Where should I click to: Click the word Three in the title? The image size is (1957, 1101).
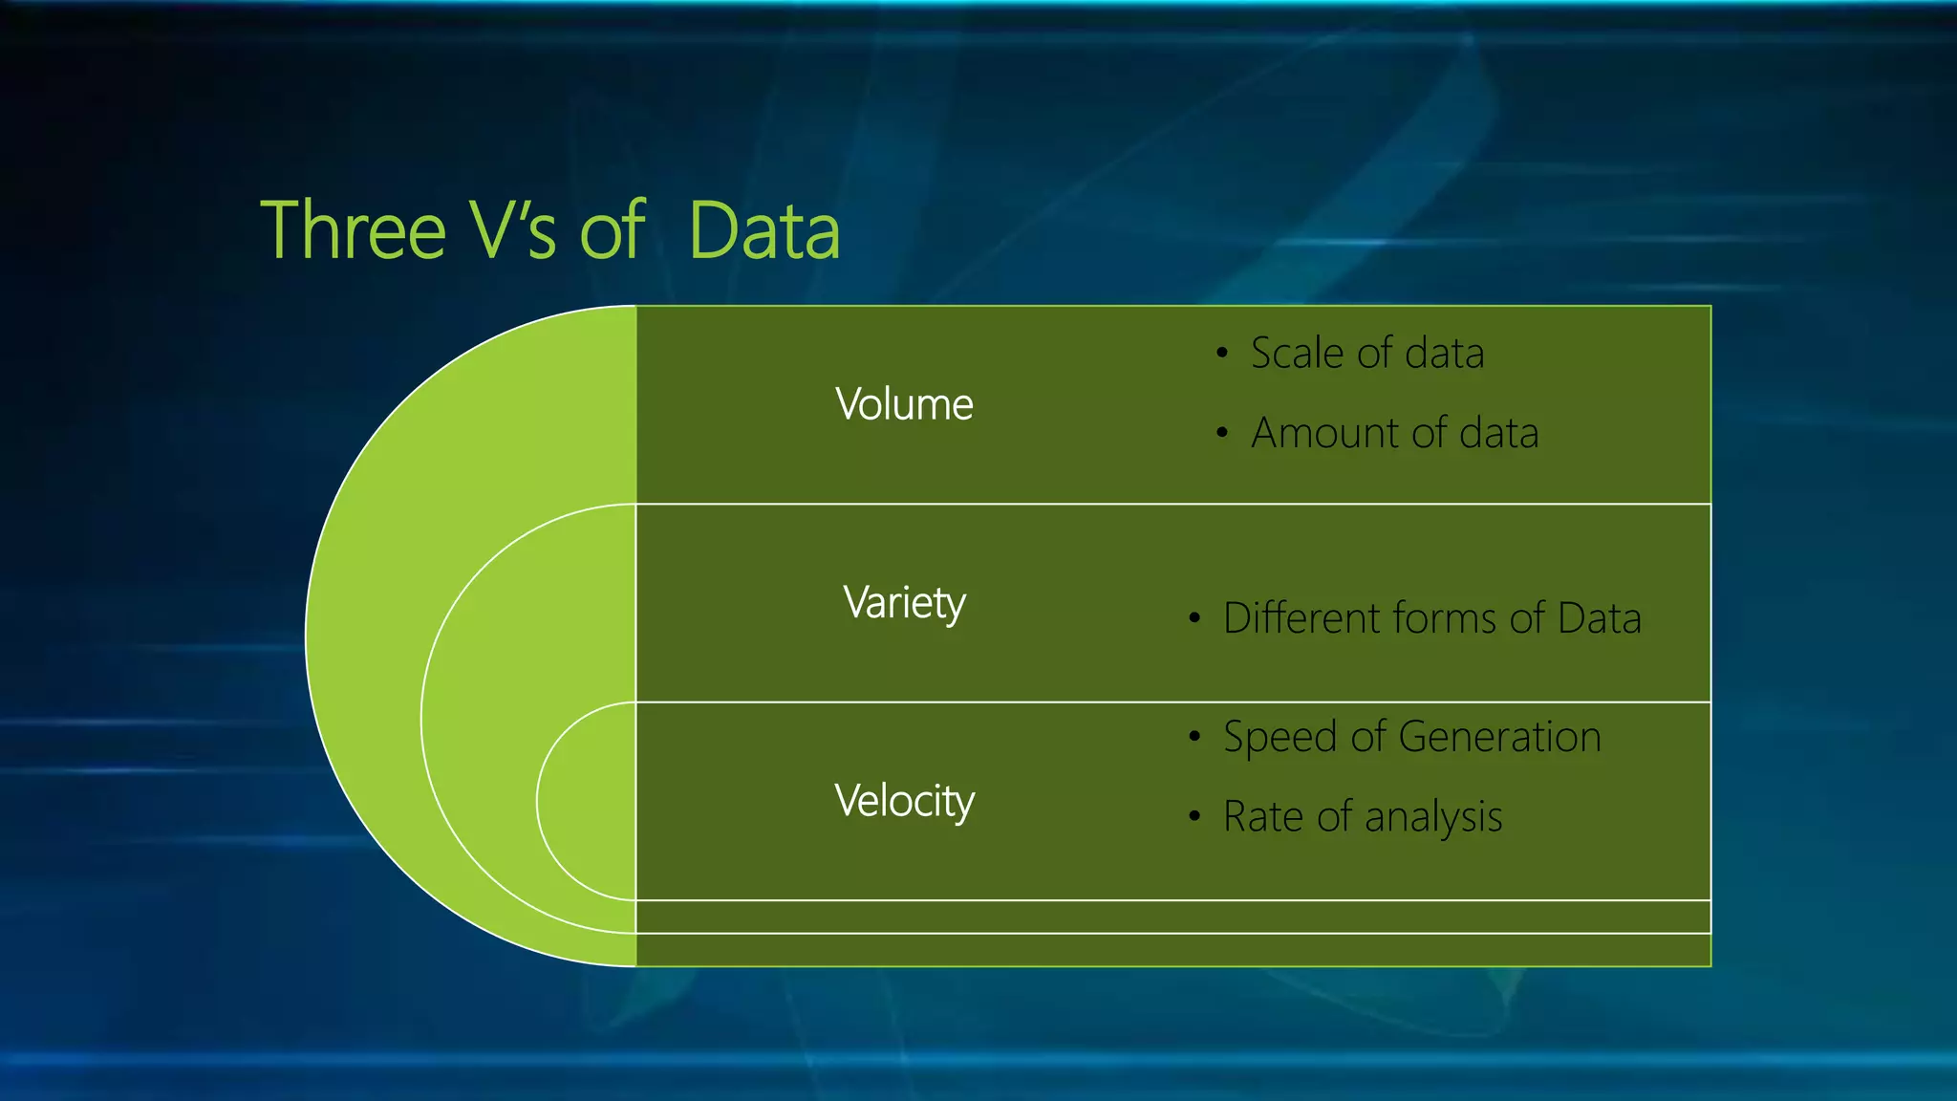(353, 231)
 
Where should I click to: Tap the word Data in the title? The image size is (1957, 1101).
(763, 231)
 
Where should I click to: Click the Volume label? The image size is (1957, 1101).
(904, 404)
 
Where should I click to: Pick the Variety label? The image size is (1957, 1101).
(904, 603)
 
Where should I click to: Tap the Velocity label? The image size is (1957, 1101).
(904, 801)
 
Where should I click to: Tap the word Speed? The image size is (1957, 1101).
(1280, 738)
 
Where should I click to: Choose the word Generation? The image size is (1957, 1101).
(1499, 737)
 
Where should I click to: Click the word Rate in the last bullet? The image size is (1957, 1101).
(1262, 817)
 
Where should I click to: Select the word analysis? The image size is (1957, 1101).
(1433, 818)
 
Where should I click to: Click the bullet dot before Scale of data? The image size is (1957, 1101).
(1221, 354)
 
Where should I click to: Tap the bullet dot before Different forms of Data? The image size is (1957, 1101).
(1194, 618)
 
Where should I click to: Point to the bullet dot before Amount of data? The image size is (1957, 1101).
(1221, 433)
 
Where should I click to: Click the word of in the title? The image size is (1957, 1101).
(612, 231)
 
